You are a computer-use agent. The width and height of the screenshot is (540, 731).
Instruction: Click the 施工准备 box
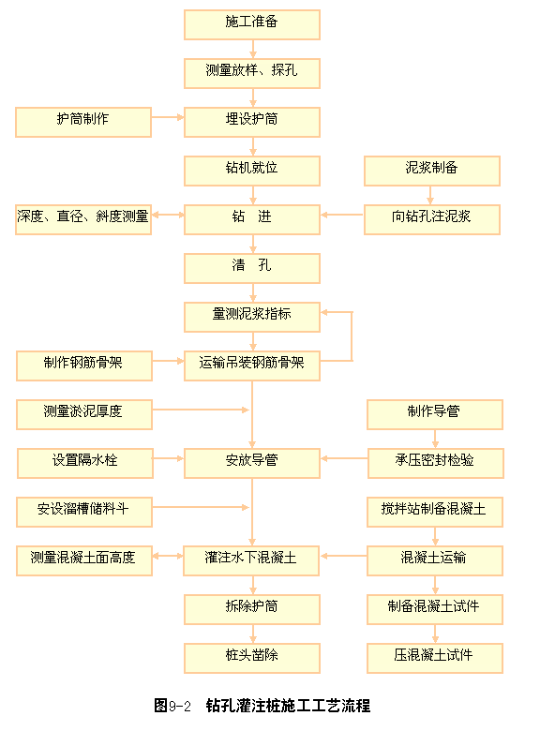coord(252,24)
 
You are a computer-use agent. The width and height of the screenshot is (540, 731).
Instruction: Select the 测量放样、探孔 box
coord(252,73)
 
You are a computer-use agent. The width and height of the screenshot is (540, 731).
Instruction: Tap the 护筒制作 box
coord(83,122)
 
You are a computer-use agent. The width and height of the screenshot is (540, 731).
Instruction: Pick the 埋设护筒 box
coord(252,122)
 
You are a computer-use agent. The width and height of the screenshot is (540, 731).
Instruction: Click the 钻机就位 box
coord(252,171)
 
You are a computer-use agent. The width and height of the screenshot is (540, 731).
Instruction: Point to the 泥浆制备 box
coord(432,171)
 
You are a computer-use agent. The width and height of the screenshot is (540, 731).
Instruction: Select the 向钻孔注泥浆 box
coord(432,219)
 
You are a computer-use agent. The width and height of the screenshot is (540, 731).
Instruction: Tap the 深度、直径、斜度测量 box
coord(83,219)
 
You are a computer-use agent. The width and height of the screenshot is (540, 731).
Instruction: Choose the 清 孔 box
coord(252,268)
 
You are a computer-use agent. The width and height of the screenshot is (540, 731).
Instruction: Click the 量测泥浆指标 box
coord(252,317)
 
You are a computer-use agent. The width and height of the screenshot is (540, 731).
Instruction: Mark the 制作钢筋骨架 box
coord(84,365)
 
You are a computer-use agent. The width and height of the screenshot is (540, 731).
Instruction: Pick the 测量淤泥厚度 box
coord(84,414)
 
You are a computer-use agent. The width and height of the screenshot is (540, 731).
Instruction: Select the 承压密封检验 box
coord(436,463)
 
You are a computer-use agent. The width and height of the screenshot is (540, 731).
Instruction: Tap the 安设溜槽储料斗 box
coord(84,512)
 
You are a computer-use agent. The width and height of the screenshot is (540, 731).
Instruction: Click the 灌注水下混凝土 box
coord(251,560)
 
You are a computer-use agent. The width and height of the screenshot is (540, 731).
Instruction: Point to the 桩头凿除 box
coord(252,658)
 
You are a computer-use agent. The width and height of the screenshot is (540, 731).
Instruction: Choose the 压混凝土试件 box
coord(435,658)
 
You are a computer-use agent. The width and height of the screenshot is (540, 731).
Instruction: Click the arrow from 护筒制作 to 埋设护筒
coord(168,117)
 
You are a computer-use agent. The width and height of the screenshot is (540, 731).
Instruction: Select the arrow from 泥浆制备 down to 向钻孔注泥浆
coord(430,195)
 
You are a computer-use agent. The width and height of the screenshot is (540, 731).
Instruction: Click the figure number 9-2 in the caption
coord(180,707)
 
